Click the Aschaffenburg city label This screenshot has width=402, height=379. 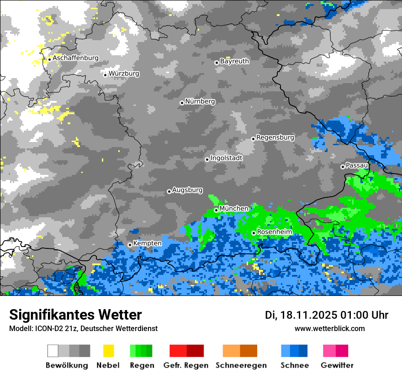tap(75, 58)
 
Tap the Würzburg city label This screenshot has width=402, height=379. tap(124, 74)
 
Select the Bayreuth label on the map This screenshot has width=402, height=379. tap(234, 61)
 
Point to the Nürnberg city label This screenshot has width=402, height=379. tap(200, 102)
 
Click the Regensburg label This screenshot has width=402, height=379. tap(275, 137)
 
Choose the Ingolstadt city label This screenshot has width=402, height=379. tap(226, 158)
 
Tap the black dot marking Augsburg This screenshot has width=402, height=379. tap(169, 191)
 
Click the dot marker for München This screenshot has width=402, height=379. tap(216, 210)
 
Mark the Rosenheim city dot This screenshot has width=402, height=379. tap(254, 233)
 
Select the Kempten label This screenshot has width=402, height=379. tap(147, 243)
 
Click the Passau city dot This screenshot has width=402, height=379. tap(343, 167)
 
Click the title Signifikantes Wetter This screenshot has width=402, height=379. tap(75, 315)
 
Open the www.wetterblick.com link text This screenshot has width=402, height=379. tap(329, 328)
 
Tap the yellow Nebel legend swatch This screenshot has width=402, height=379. tap(108, 351)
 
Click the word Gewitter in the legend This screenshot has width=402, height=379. tap(337, 365)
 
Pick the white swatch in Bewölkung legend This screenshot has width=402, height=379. tap(53, 351)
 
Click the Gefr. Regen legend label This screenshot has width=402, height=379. tap(186, 365)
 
